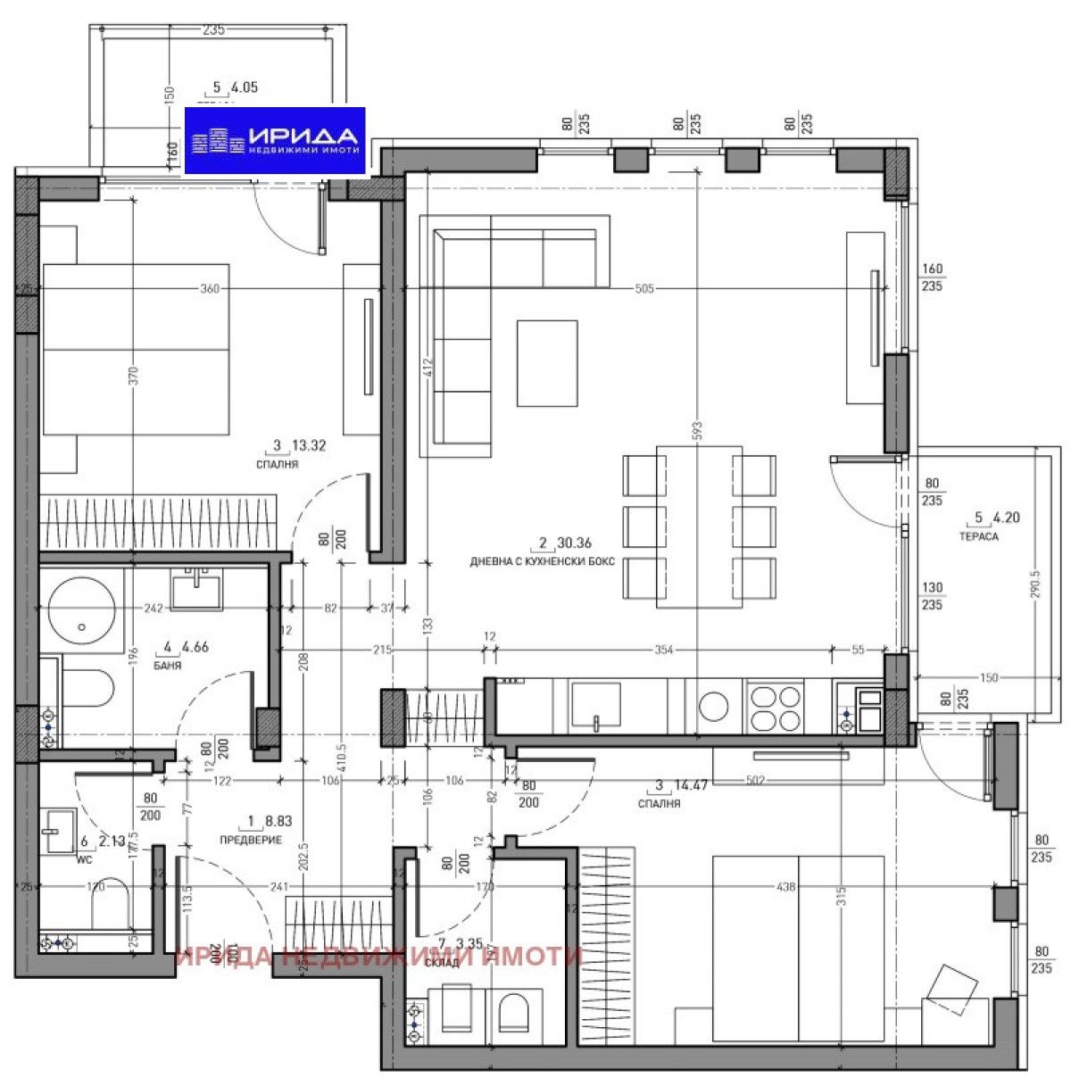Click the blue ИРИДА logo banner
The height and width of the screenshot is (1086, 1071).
click(274, 141)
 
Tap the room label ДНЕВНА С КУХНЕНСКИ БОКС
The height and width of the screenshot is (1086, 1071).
click(543, 562)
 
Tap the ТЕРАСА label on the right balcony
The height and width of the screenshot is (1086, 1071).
click(978, 537)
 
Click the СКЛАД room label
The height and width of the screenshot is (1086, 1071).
click(443, 963)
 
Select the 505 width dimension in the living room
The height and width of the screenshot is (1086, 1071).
click(644, 288)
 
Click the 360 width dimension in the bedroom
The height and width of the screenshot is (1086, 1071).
click(209, 288)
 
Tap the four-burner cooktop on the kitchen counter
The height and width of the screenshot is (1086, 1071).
click(776, 708)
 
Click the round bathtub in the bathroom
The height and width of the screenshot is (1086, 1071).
click(81, 616)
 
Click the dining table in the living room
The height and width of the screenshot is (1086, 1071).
click(699, 526)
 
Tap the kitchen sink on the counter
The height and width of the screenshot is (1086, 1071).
click(595, 705)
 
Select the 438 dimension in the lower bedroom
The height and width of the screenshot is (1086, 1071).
click(785, 887)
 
